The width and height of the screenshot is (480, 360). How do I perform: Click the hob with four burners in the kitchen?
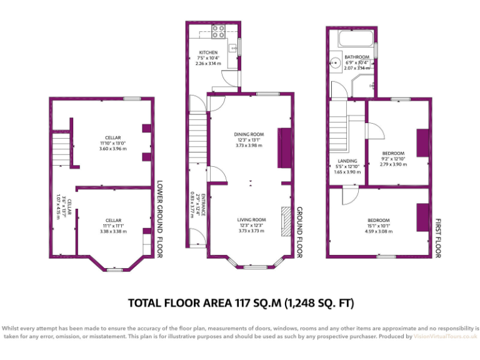click(219, 31)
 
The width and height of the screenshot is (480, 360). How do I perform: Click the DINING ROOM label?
click(249, 134)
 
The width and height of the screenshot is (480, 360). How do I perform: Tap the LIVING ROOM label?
click(251, 220)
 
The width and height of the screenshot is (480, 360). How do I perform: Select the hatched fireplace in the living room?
click(286, 222)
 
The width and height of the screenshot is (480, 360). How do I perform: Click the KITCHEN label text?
click(208, 52)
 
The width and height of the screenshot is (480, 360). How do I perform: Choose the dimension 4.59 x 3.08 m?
click(379, 231)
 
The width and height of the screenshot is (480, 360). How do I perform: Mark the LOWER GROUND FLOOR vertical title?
click(159, 218)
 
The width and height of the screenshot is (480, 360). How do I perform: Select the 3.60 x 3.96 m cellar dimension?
click(112, 149)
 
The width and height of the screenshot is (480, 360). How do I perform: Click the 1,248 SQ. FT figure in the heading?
click(319, 304)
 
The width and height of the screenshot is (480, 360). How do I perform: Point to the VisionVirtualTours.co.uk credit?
click(445, 336)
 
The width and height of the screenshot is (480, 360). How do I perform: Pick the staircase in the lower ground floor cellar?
click(60, 151)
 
